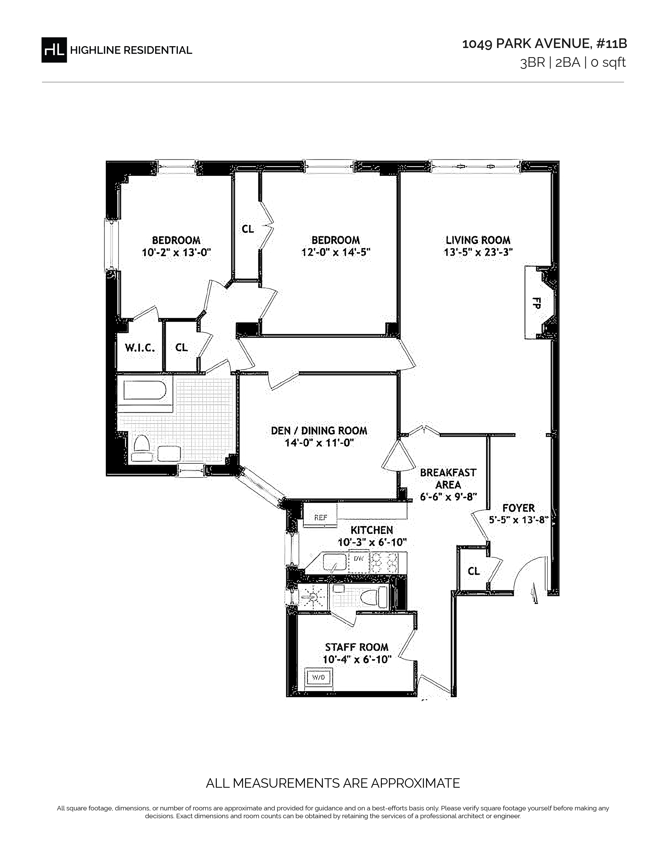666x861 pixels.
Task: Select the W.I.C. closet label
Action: [x=140, y=348]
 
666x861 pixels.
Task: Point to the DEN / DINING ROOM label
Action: [x=319, y=430]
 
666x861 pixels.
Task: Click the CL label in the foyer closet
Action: [x=474, y=571]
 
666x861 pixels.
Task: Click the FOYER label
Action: [x=518, y=508]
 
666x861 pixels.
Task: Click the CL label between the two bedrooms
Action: [x=248, y=229]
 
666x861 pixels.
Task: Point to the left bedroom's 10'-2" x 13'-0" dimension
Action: [x=176, y=252]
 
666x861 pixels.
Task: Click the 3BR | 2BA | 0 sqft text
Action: [x=573, y=63]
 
